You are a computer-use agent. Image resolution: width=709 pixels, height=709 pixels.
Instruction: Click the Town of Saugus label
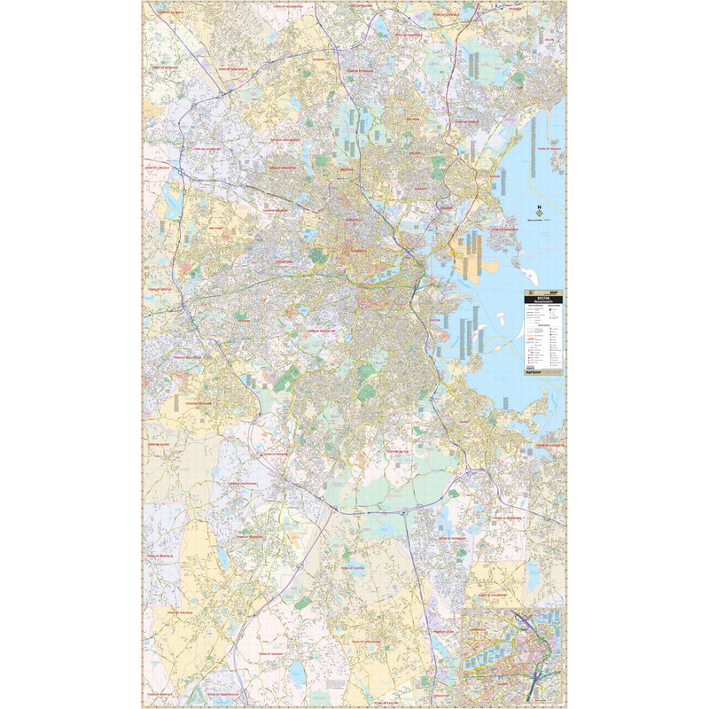467,121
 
